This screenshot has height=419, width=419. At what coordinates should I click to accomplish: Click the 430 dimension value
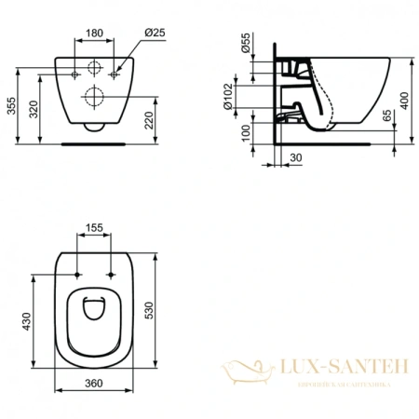point(27,321)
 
